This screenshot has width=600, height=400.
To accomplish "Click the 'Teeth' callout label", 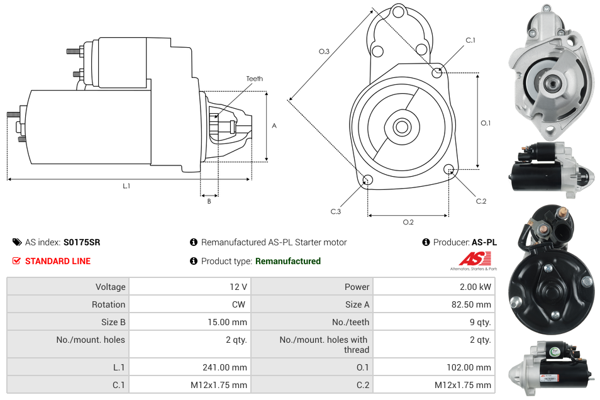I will (x=254, y=79).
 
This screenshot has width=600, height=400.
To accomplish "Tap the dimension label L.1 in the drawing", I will (x=126, y=186).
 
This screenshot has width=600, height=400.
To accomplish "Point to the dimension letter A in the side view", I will (x=274, y=126).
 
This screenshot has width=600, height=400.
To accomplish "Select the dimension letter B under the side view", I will (x=209, y=201).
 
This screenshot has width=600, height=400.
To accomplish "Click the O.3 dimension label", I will (x=324, y=52).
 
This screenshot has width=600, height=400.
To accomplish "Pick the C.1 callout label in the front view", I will (x=470, y=40).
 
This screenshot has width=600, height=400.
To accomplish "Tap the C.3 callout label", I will (x=336, y=211).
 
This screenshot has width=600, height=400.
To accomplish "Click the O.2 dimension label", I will (x=408, y=221).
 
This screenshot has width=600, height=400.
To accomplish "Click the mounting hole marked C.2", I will (x=449, y=170).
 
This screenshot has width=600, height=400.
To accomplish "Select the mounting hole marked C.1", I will (x=437, y=72).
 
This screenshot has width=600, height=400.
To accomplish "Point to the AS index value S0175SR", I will (x=82, y=242).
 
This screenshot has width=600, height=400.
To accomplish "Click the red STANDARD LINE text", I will (x=57, y=261).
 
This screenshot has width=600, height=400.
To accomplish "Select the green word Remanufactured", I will (x=288, y=261).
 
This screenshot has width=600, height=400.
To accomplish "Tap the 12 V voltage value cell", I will (x=189, y=287).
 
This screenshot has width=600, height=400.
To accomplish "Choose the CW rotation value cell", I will (x=189, y=304).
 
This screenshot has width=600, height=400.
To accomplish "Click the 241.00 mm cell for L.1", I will (x=189, y=367).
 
